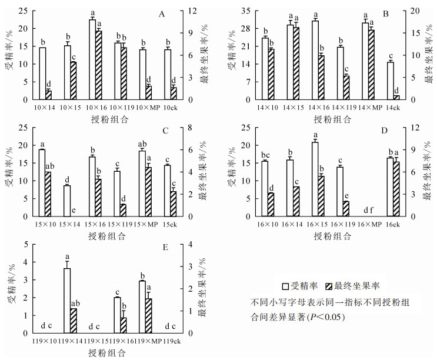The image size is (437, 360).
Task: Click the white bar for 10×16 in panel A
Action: [92, 59]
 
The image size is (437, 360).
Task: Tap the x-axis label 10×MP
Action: [142, 109]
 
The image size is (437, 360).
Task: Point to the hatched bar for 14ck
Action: [396, 97]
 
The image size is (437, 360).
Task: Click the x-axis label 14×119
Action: [340, 109]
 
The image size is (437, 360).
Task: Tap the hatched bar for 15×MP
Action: [148, 192]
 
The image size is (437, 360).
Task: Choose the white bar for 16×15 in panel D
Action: [315, 179]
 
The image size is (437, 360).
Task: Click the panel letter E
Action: [166, 248]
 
